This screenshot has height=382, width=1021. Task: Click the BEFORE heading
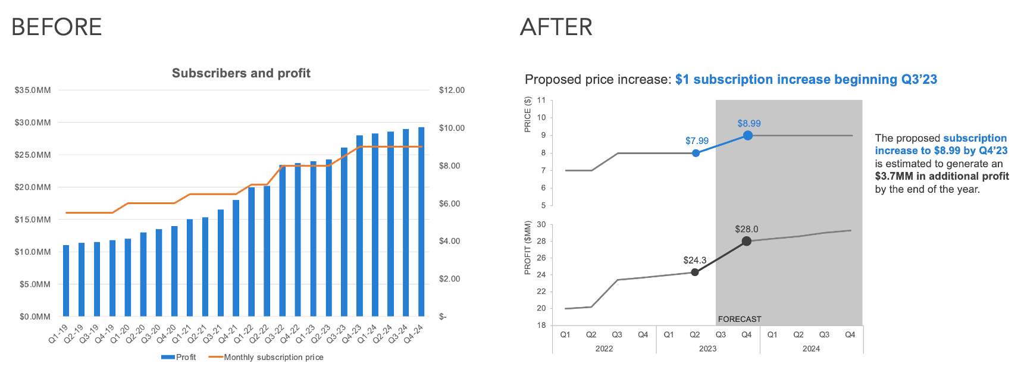(57, 27)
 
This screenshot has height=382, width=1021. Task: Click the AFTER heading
(556, 27)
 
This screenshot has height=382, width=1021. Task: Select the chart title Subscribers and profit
(241, 73)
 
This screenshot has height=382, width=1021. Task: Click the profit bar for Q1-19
(66, 280)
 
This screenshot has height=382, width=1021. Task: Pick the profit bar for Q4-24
(421, 221)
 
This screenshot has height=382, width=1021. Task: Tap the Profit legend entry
(178, 357)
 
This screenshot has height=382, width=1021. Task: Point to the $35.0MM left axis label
(33, 90)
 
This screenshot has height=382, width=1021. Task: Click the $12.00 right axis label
(452, 90)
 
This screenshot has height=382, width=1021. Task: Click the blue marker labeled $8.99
(748, 136)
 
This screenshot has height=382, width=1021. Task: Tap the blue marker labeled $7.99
(696, 154)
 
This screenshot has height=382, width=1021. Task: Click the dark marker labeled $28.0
(747, 241)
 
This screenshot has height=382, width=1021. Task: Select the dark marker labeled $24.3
(695, 272)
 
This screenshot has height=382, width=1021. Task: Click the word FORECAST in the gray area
(739, 319)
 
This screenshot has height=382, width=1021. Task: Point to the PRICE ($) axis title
(527, 114)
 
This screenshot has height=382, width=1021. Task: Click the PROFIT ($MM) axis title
(527, 248)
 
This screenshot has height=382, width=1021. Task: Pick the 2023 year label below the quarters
(707, 349)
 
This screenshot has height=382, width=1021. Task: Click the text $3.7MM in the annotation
(894, 176)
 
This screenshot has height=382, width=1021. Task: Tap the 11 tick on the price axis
(541, 100)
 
